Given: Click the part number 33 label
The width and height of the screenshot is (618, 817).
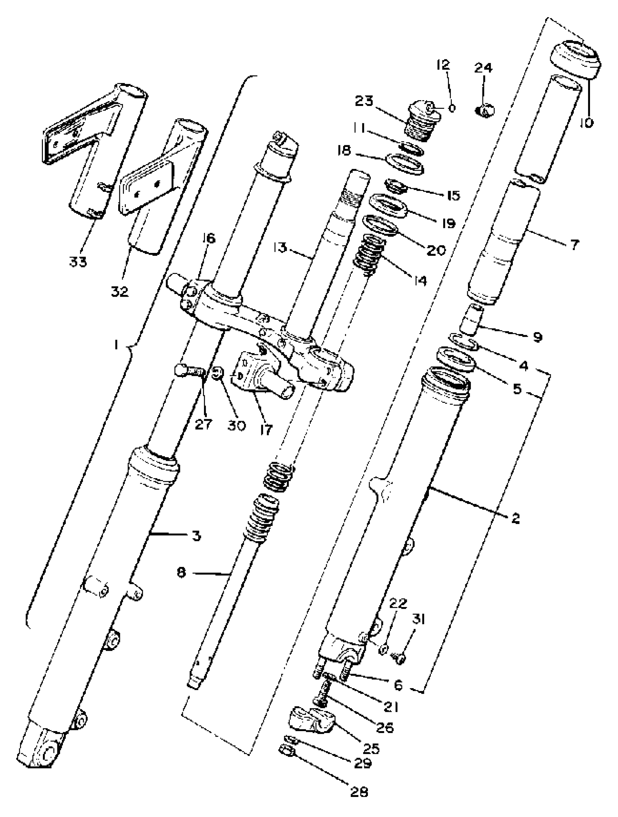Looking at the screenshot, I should tap(78, 262).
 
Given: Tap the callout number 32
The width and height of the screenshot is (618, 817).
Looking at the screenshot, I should tap(120, 292).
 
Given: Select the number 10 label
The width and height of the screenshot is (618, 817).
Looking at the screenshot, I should tap(586, 122).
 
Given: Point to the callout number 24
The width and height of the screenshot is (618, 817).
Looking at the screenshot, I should tap(483, 68).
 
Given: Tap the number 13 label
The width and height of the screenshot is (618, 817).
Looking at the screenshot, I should tap(281, 247).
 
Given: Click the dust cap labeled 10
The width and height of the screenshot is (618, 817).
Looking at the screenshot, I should tap(575, 59).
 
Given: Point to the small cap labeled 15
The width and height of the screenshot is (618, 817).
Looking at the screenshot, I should tap(396, 185).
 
